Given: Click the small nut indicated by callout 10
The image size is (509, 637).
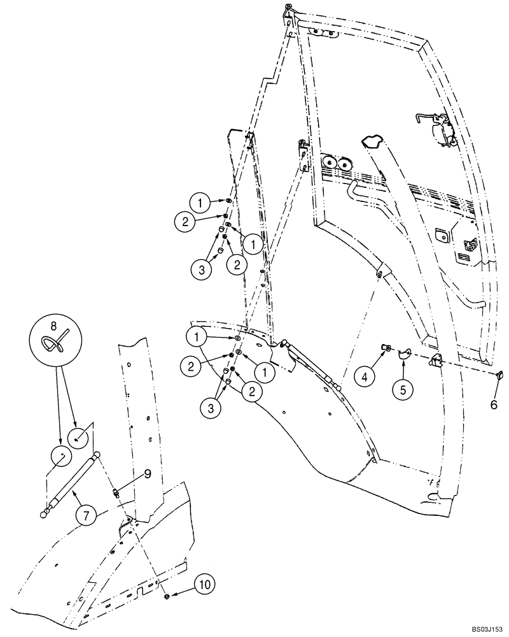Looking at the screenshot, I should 165,596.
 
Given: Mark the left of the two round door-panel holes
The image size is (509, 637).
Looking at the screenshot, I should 330,163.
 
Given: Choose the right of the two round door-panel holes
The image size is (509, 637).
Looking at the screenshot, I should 344,164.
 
